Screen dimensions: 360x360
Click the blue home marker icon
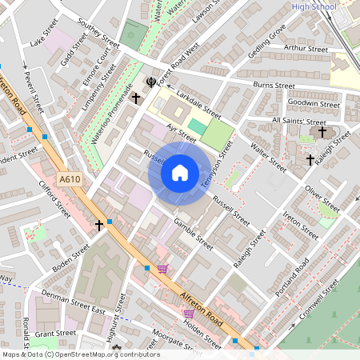pos(180,171)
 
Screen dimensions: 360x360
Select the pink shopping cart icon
pos(163,269)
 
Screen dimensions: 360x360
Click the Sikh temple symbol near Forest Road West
pos(151,82)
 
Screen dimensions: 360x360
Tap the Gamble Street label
pos(193,233)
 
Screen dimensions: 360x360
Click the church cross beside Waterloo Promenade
pos(136,98)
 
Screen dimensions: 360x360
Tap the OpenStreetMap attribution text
pos(80,354)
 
